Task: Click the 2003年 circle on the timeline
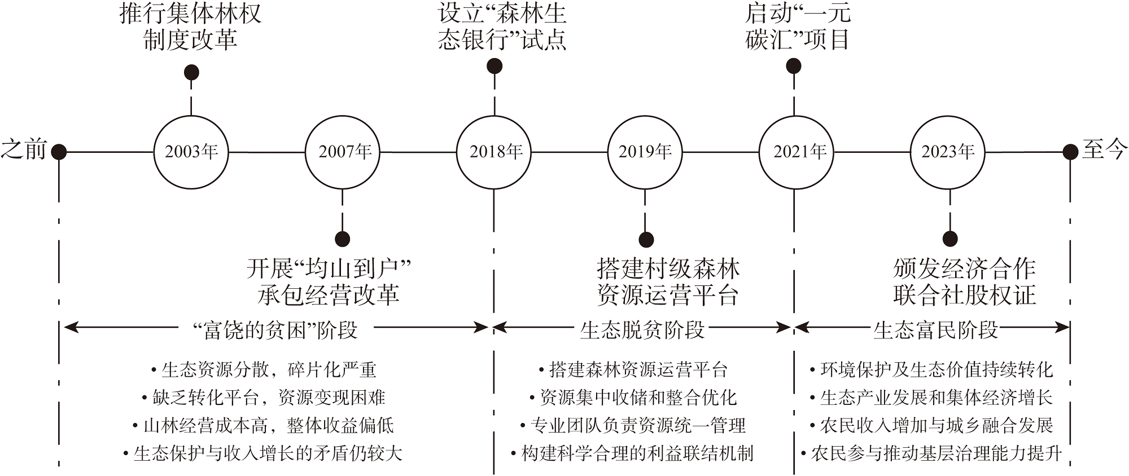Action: [x=191, y=152]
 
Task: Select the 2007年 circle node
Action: [x=343, y=152]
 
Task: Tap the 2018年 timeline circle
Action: [x=494, y=152]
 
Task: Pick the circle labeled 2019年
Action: [x=645, y=152]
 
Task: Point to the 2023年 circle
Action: [x=948, y=152]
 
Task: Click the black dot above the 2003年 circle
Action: [x=191, y=72]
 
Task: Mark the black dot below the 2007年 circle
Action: [x=343, y=239]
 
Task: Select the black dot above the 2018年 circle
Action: [x=495, y=66]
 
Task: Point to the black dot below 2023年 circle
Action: [x=950, y=239]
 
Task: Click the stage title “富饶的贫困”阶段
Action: [x=276, y=330]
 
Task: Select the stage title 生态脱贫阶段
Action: [x=642, y=330]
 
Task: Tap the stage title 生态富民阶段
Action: [x=935, y=330]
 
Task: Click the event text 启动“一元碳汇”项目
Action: [x=797, y=27]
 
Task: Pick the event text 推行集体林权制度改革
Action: [x=191, y=27]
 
